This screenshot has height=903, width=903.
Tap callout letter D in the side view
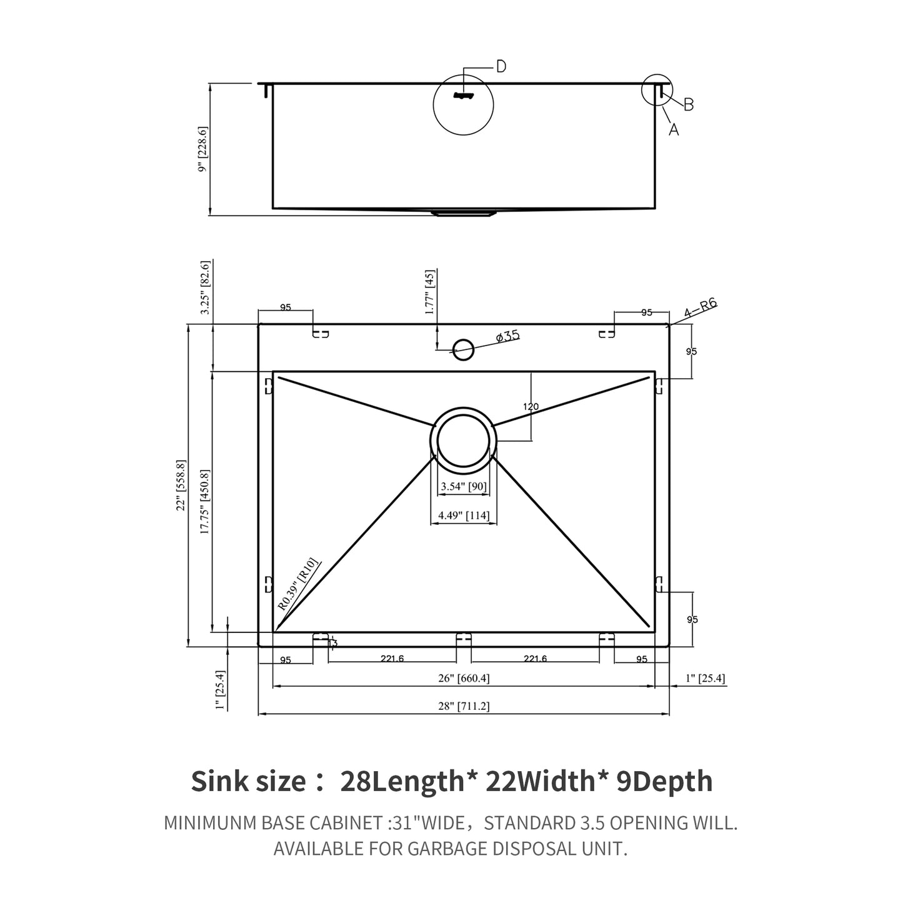tap(501, 67)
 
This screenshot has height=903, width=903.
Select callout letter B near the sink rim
tap(689, 105)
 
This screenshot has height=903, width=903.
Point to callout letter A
tap(674, 129)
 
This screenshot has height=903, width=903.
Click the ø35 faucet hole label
tap(507, 337)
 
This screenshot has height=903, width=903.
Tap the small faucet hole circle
tap(463, 349)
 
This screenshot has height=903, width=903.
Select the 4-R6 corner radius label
tap(700, 309)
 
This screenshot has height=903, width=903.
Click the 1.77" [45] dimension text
tap(429, 292)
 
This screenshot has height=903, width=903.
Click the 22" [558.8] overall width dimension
tap(181, 486)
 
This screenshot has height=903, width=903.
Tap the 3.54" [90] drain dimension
tap(463, 486)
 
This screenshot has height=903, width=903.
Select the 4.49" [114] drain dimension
tap(463, 516)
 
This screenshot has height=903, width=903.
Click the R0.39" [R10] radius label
tap(298, 584)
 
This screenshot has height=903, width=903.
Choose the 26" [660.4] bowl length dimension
tap(463, 678)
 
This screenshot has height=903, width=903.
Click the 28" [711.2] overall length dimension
tap(463, 706)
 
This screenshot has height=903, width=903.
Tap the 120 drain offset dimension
tap(531, 407)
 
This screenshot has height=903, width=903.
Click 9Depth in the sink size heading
tap(664, 781)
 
